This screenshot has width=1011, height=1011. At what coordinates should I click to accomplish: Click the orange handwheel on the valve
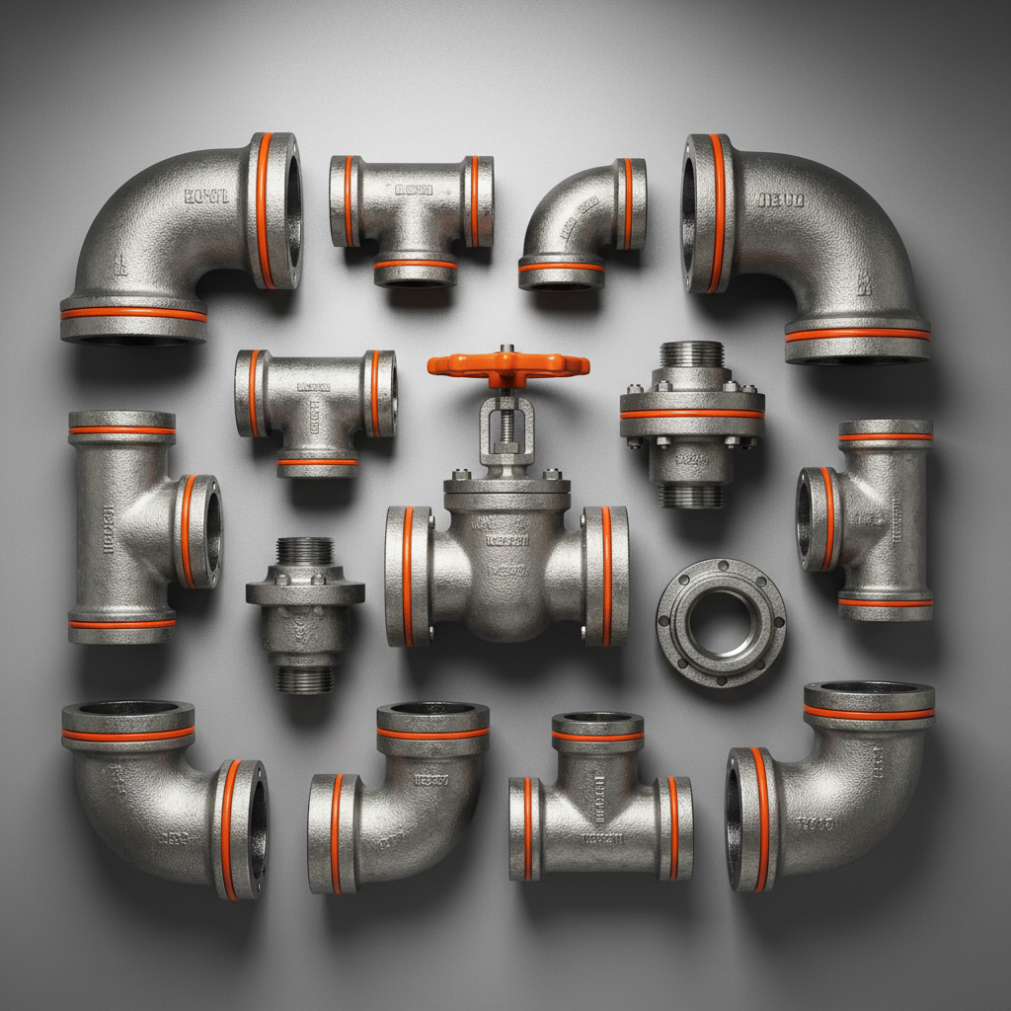click(x=507, y=364)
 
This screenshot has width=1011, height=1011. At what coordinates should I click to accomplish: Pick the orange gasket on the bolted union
click(x=692, y=414)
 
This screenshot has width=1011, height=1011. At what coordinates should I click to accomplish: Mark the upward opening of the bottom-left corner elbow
click(x=128, y=709)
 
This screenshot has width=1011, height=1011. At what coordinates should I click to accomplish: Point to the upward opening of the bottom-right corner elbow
click(x=868, y=688)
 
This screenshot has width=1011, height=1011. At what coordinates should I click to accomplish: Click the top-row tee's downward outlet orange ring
click(x=415, y=265)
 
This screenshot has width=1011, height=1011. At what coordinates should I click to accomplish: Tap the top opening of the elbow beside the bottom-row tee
click(x=432, y=710)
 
